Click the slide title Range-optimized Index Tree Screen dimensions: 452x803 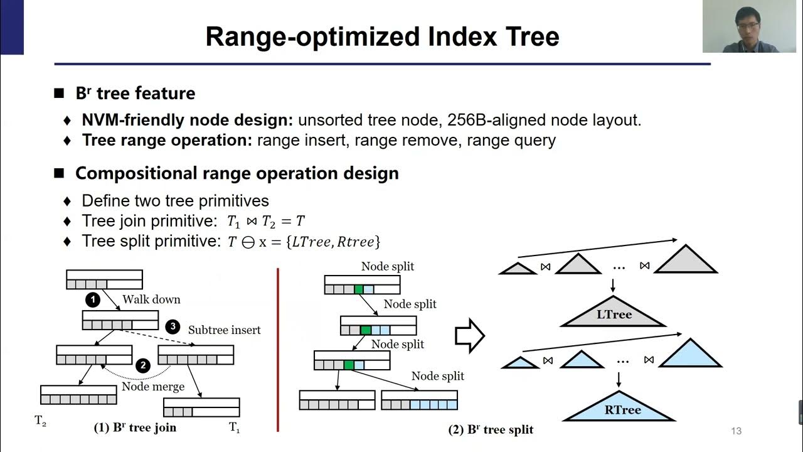click(382, 36)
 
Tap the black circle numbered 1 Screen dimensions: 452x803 click(93, 300)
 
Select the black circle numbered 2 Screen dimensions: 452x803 click(143, 365)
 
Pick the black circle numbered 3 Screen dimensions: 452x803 click(173, 327)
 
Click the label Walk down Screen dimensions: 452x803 click(151, 299)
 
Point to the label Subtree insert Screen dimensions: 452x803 click(224, 330)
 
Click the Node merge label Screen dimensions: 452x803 click(153, 386)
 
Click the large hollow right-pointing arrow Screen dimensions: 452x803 click(469, 336)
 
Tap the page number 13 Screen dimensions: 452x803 click(736, 431)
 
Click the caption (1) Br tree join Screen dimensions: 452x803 click(135, 428)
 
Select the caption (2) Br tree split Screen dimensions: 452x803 click(491, 429)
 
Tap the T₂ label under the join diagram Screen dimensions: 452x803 click(40, 422)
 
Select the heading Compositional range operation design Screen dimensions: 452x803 click(237, 173)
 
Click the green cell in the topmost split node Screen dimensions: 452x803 click(358, 289)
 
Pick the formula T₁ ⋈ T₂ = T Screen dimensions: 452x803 click(266, 221)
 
